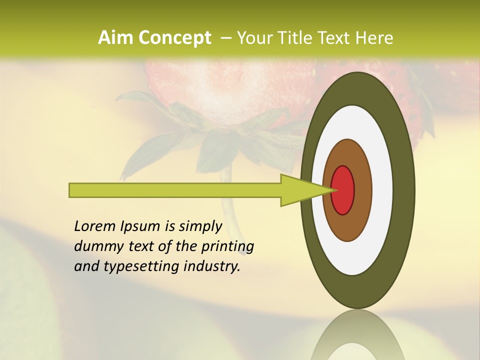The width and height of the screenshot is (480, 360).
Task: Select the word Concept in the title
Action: coord(174,38)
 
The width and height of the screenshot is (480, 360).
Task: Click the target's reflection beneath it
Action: coord(357,337)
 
